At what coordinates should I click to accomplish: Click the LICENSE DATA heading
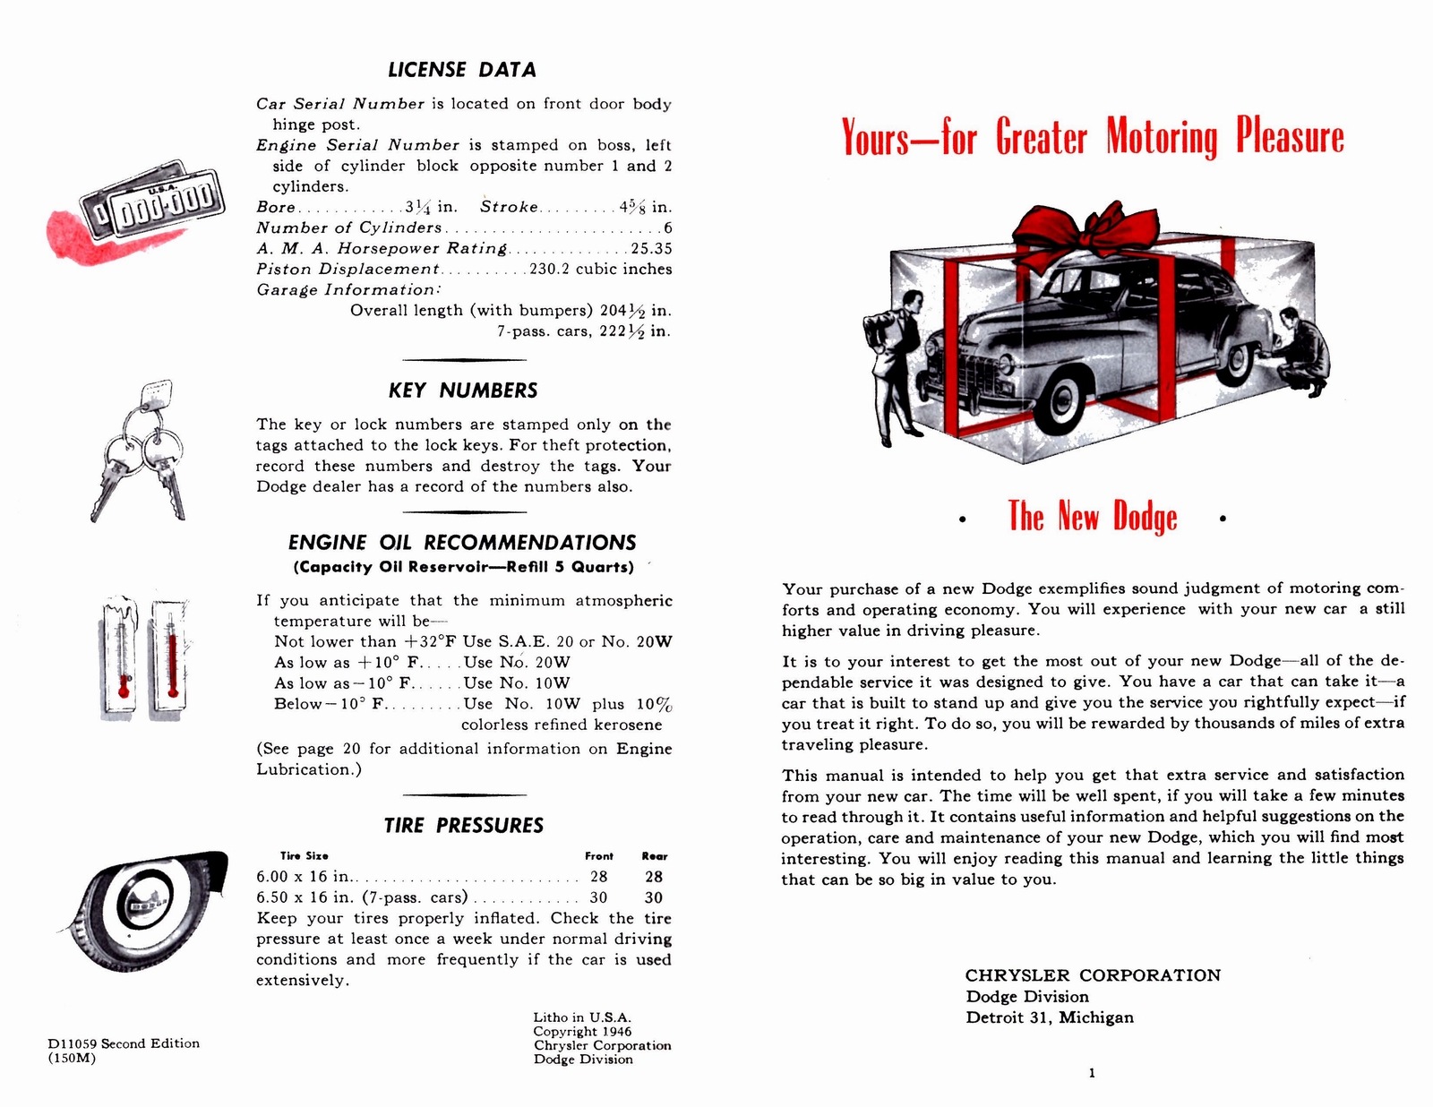click(x=462, y=70)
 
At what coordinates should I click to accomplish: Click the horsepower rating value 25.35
click(x=651, y=249)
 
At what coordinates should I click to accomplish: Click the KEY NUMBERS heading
click(x=463, y=390)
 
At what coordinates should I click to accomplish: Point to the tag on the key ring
click(x=158, y=392)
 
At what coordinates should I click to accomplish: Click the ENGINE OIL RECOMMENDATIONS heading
click(x=462, y=543)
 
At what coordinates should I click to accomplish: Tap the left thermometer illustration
click(x=121, y=657)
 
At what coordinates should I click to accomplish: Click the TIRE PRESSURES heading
click(x=463, y=826)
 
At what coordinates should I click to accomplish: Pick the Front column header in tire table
click(x=599, y=856)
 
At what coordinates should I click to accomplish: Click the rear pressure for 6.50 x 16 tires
click(x=654, y=897)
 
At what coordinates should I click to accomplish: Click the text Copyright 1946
click(x=582, y=1032)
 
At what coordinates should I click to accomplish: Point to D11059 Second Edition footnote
click(x=124, y=1043)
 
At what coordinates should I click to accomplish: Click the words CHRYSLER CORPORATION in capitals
click(x=1093, y=975)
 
